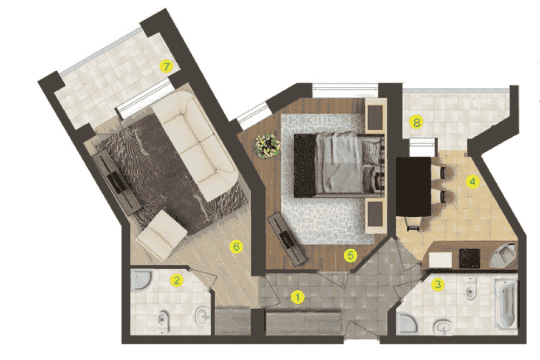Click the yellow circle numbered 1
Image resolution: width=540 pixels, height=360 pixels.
(x=297, y=297)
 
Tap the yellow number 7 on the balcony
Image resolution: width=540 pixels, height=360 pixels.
(x=166, y=66)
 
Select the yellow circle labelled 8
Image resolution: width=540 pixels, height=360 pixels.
(x=416, y=122)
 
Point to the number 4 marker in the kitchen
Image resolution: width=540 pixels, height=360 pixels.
(x=472, y=182)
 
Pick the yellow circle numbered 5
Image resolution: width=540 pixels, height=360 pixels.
(x=350, y=255)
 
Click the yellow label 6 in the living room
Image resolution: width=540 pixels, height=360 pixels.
(x=236, y=246)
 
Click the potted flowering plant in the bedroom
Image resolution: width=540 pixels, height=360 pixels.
(x=267, y=146)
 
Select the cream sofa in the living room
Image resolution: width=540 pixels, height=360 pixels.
(x=195, y=145)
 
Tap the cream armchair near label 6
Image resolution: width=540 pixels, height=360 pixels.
(x=162, y=235)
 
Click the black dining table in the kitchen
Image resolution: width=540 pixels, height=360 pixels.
(x=414, y=186)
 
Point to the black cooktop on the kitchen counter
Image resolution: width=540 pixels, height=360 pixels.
(x=470, y=258)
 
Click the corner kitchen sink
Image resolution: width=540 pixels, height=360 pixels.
(x=503, y=255)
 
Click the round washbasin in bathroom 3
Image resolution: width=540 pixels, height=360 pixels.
(x=444, y=327)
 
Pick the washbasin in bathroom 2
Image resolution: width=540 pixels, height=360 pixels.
(x=203, y=315)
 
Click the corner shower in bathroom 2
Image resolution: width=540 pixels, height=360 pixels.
(x=141, y=280)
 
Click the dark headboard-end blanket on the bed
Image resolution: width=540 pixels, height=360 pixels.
(x=305, y=166)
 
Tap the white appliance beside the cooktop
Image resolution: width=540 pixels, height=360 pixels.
(x=441, y=260)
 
